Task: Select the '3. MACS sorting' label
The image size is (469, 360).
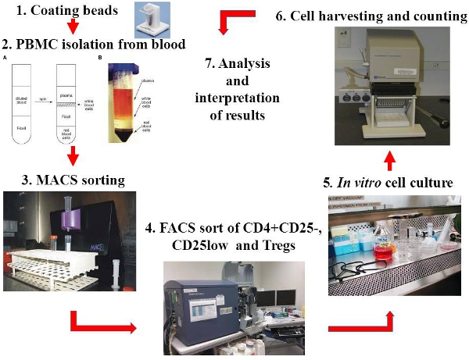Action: pyautogui.click(x=63, y=181)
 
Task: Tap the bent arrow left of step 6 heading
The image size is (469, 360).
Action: pyautogui.click(x=238, y=19)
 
